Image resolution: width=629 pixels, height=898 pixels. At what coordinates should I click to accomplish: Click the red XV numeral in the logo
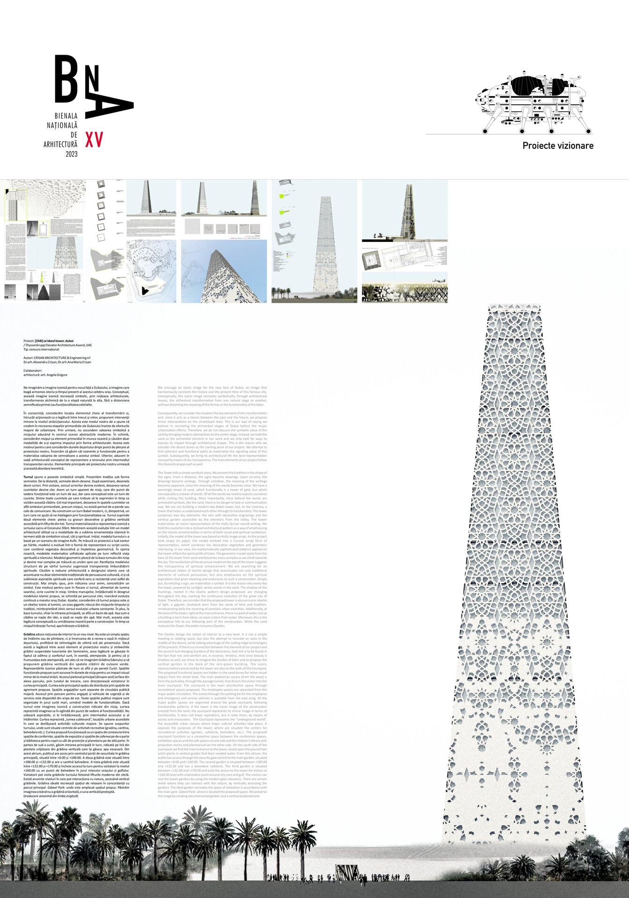[x=94, y=139]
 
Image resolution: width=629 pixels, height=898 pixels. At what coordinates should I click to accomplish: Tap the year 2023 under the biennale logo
[x=72, y=154]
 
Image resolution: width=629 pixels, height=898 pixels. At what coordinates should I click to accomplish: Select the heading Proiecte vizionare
[x=558, y=146]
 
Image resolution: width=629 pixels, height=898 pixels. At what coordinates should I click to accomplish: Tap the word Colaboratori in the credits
[x=33, y=370]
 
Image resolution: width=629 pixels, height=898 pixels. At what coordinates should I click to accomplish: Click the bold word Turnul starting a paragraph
[x=28, y=476]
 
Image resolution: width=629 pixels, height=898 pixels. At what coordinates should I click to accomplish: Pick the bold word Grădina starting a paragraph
[x=29, y=633]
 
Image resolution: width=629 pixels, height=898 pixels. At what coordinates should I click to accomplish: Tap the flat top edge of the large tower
[x=514, y=306]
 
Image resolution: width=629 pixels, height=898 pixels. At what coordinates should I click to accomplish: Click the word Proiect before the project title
[x=29, y=341]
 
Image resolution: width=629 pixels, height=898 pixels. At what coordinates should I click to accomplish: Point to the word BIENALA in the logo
[x=66, y=116]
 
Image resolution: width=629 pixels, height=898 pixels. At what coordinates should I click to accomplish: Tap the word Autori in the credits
[x=29, y=358]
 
